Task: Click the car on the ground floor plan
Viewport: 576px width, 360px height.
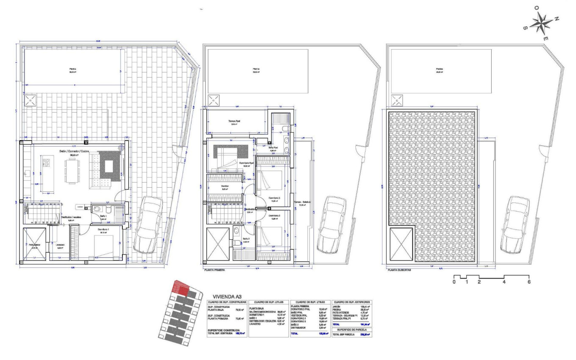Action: coord(148,224)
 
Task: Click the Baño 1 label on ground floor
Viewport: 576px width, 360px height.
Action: coord(104,216)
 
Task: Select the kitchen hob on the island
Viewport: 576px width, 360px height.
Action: coord(46,161)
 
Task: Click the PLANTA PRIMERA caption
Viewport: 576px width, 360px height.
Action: coord(214,269)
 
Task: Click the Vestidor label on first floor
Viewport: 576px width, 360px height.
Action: coord(224,186)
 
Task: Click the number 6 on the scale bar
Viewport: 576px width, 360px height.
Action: coord(529,282)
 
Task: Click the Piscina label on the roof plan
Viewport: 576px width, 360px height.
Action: coord(440,69)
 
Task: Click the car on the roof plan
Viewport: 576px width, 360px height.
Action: coord(514,224)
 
